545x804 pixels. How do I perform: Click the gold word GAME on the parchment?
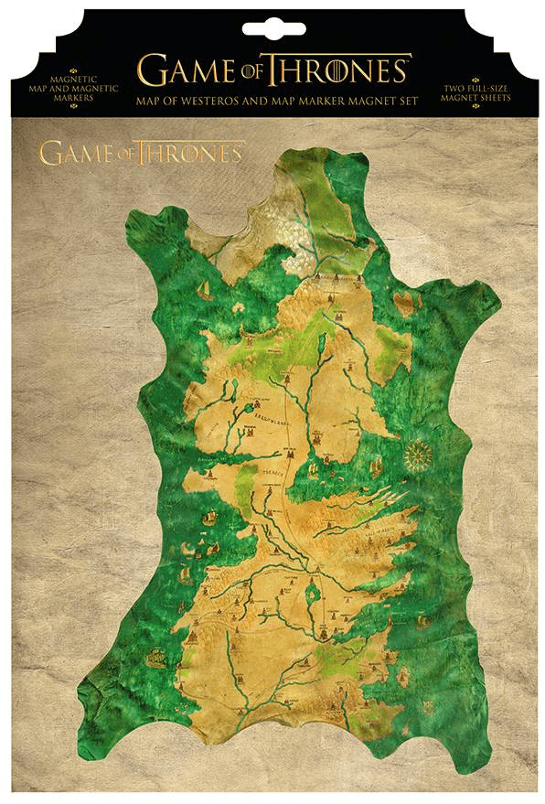(x=75, y=152)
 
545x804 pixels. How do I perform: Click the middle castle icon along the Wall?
(x=315, y=272)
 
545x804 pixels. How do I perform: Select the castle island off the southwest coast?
(x=156, y=655)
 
